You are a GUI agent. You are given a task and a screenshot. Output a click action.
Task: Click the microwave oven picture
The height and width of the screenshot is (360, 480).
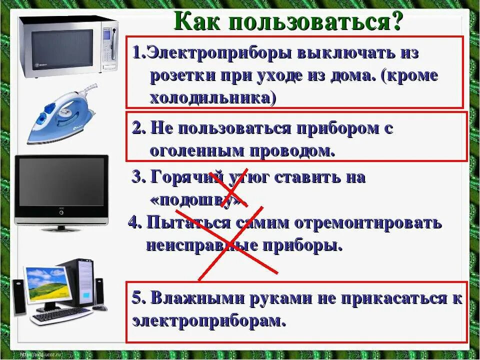click(x=67, y=46)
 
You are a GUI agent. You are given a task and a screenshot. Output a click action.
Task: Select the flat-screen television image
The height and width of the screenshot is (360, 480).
click(x=61, y=191)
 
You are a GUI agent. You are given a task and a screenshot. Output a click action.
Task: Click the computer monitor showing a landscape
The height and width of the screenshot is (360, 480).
click(x=46, y=286)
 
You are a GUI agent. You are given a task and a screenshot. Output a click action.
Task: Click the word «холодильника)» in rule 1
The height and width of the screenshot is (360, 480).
click(x=212, y=97)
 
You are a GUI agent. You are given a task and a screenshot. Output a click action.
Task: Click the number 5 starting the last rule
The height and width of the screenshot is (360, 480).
click(x=137, y=298)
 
